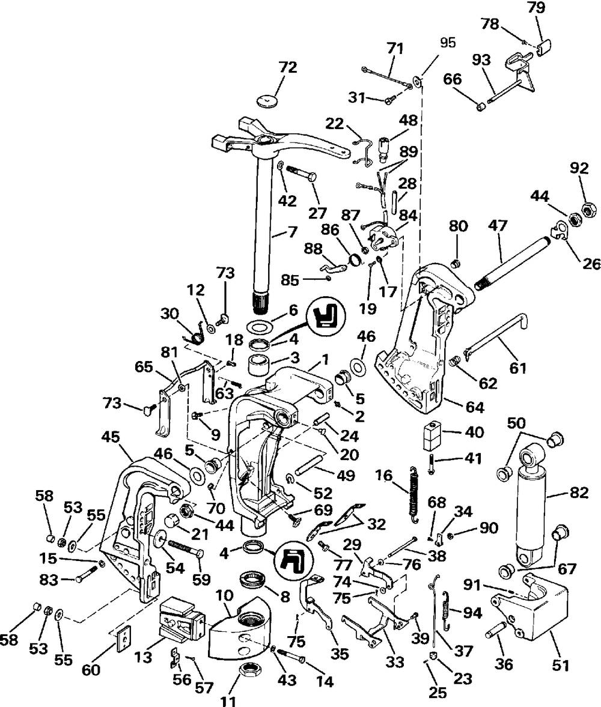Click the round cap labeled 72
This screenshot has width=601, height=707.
coord(266,100)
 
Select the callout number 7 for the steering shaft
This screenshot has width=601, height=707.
coord(292,232)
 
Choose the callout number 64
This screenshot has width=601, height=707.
coord(475,407)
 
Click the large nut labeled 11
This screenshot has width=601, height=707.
coord(247,672)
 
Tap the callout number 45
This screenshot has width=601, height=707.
coord(111,437)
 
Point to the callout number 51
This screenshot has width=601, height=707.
coord(560,665)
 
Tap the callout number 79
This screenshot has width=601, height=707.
coord(537,8)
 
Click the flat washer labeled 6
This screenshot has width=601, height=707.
coord(258,326)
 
